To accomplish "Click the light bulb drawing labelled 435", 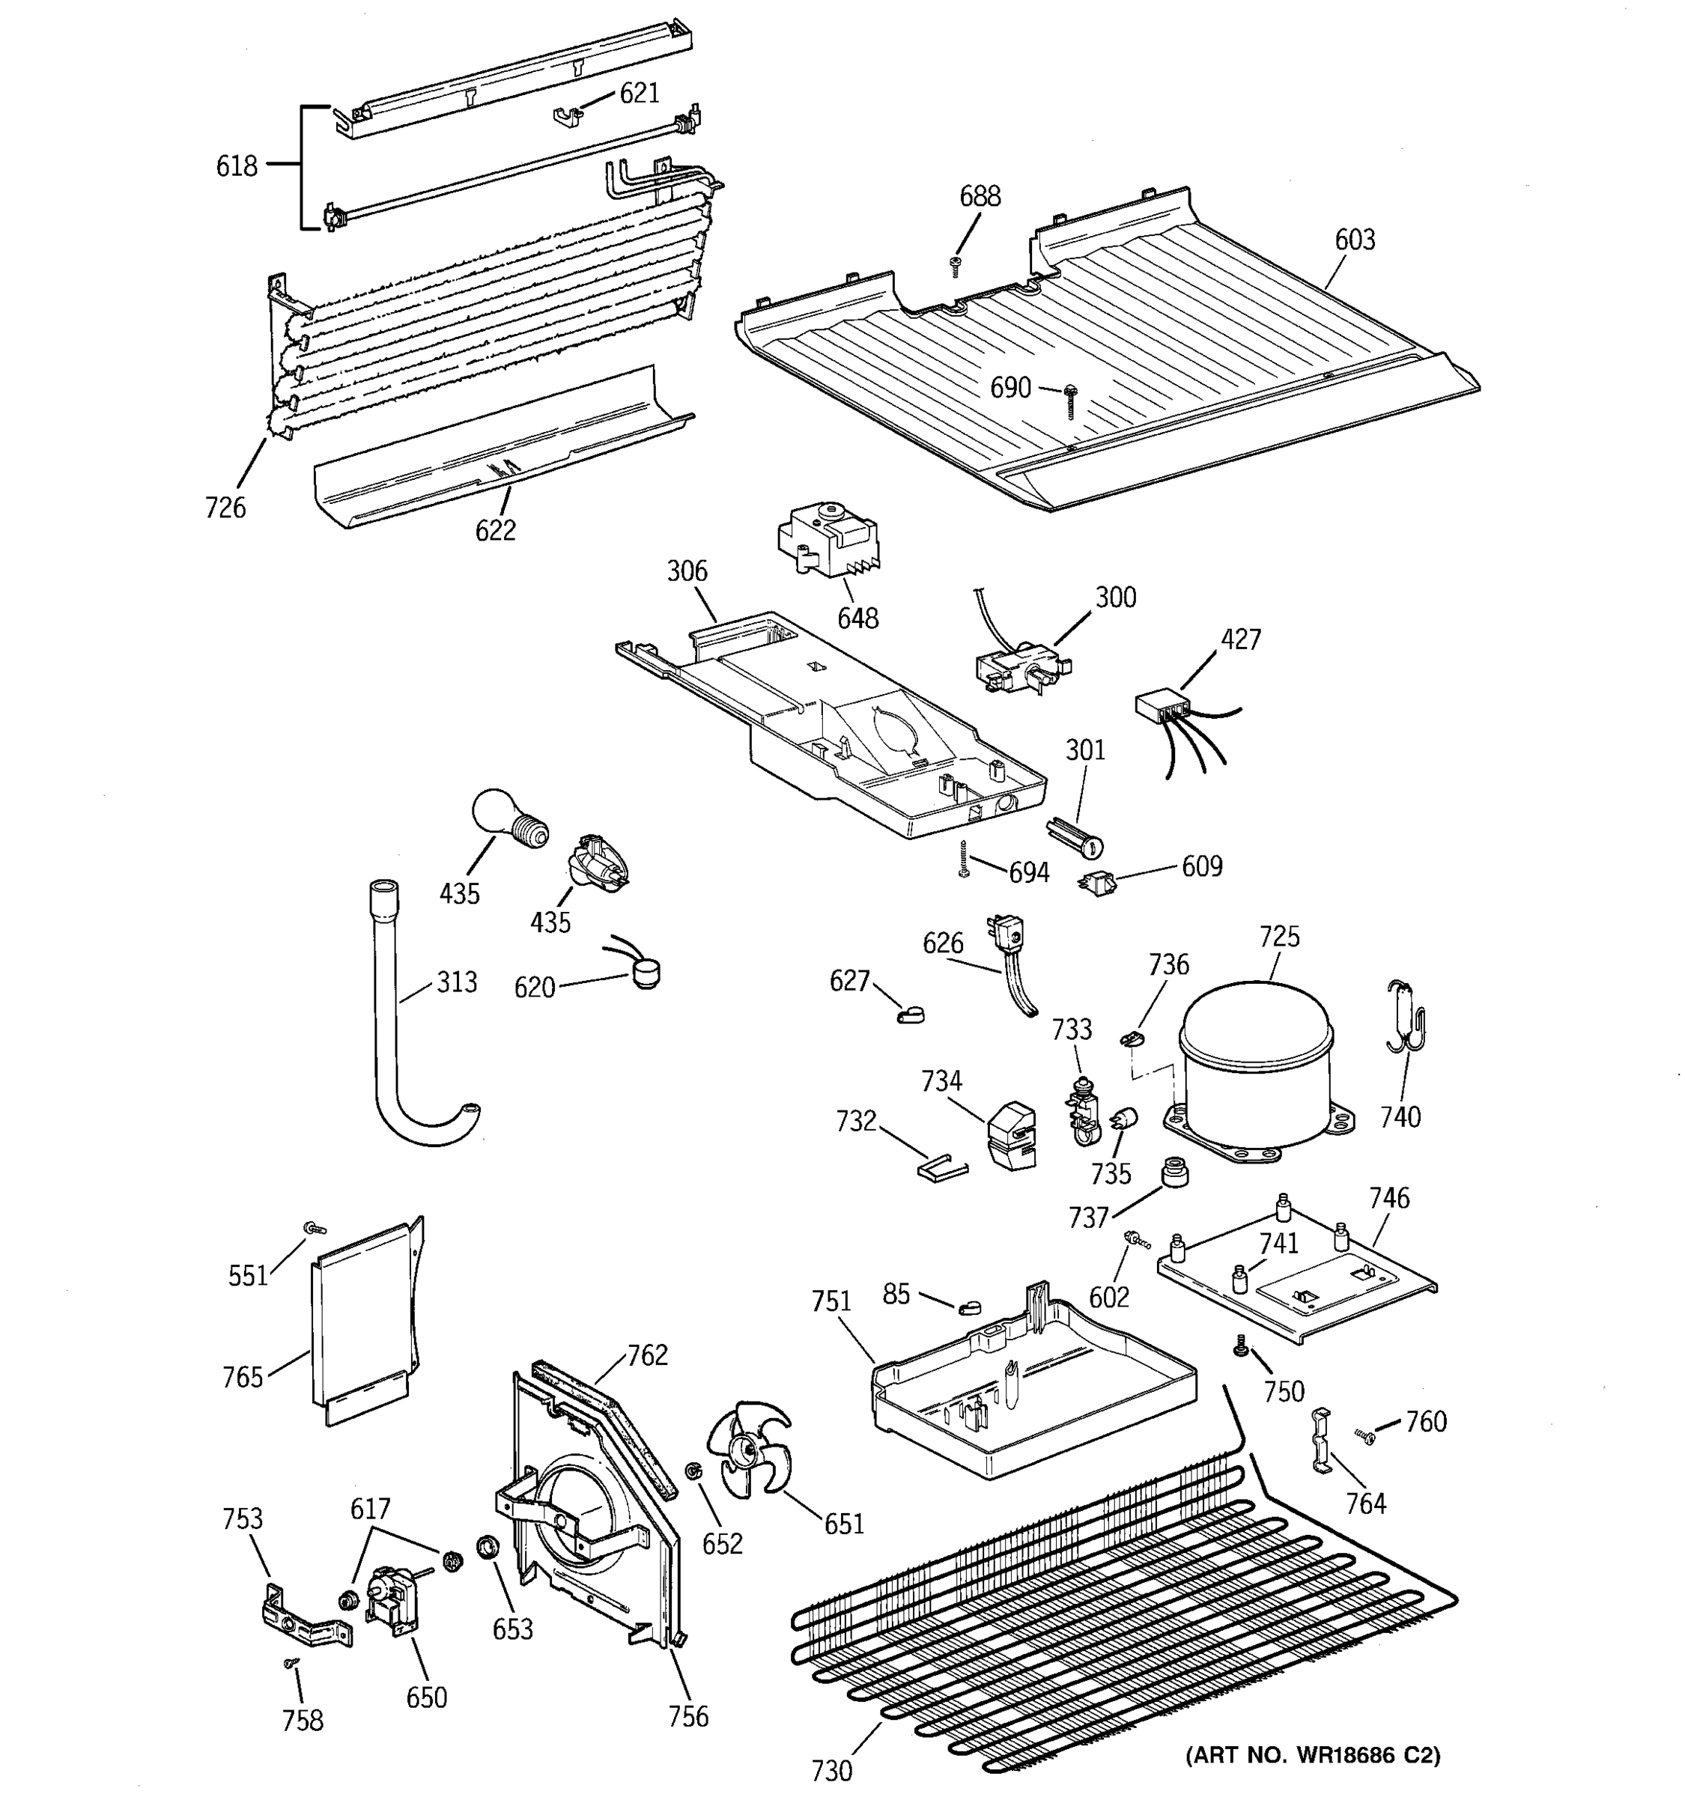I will pyautogui.click(x=506, y=816).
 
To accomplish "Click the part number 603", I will pyautogui.click(x=1354, y=240).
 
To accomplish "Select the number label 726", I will pyautogui.click(x=225, y=508).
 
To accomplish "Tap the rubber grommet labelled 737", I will pyautogui.click(x=1174, y=1172).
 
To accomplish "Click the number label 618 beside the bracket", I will pyautogui.click(x=237, y=166).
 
